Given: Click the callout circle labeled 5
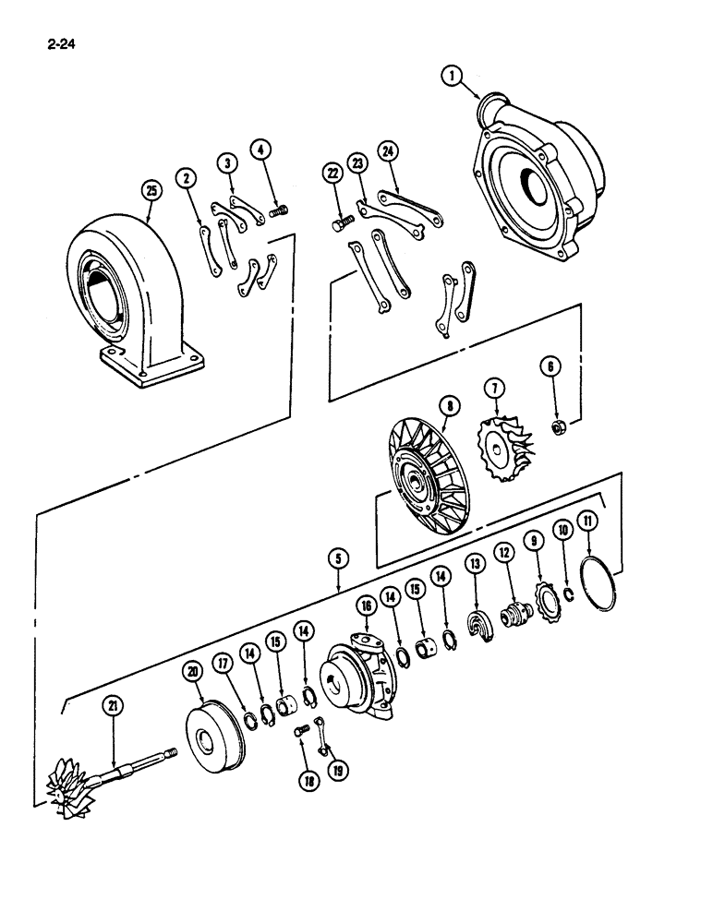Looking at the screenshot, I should (339, 558).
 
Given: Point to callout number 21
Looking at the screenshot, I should (113, 707).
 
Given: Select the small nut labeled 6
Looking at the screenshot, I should (558, 427).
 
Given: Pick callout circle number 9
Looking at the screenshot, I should (534, 539).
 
